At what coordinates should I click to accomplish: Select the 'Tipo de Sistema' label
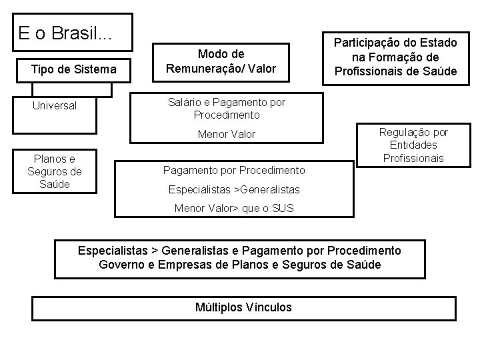click(x=73, y=69)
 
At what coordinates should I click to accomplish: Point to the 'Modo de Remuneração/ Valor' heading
click(x=221, y=61)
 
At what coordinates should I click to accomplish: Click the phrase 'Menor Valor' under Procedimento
click(x=227, y=134)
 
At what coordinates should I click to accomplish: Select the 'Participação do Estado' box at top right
click(x=396, y=57)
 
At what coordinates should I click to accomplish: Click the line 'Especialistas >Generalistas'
click(x=231, y=189)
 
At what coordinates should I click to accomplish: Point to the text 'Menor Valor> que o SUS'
click(x=233, y=208)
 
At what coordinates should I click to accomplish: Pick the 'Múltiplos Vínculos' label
click(x=243, y=307)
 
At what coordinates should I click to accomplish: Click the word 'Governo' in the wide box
click(x=121, y=264)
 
